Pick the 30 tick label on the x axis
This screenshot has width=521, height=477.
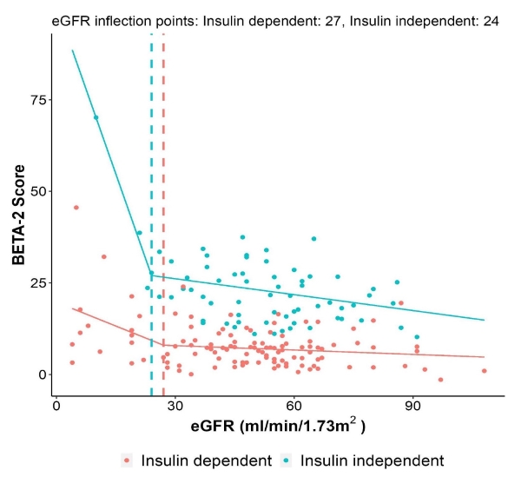click(175, 405)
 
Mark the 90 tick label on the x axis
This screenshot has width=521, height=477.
click(413, 405)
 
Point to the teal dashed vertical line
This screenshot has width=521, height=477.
click(151, 174)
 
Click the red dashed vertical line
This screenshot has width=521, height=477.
click(163, 174)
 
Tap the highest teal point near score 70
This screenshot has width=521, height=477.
click(96, 117)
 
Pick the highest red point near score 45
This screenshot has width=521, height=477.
click(76, 208)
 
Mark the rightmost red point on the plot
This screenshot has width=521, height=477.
click(485, 371)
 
